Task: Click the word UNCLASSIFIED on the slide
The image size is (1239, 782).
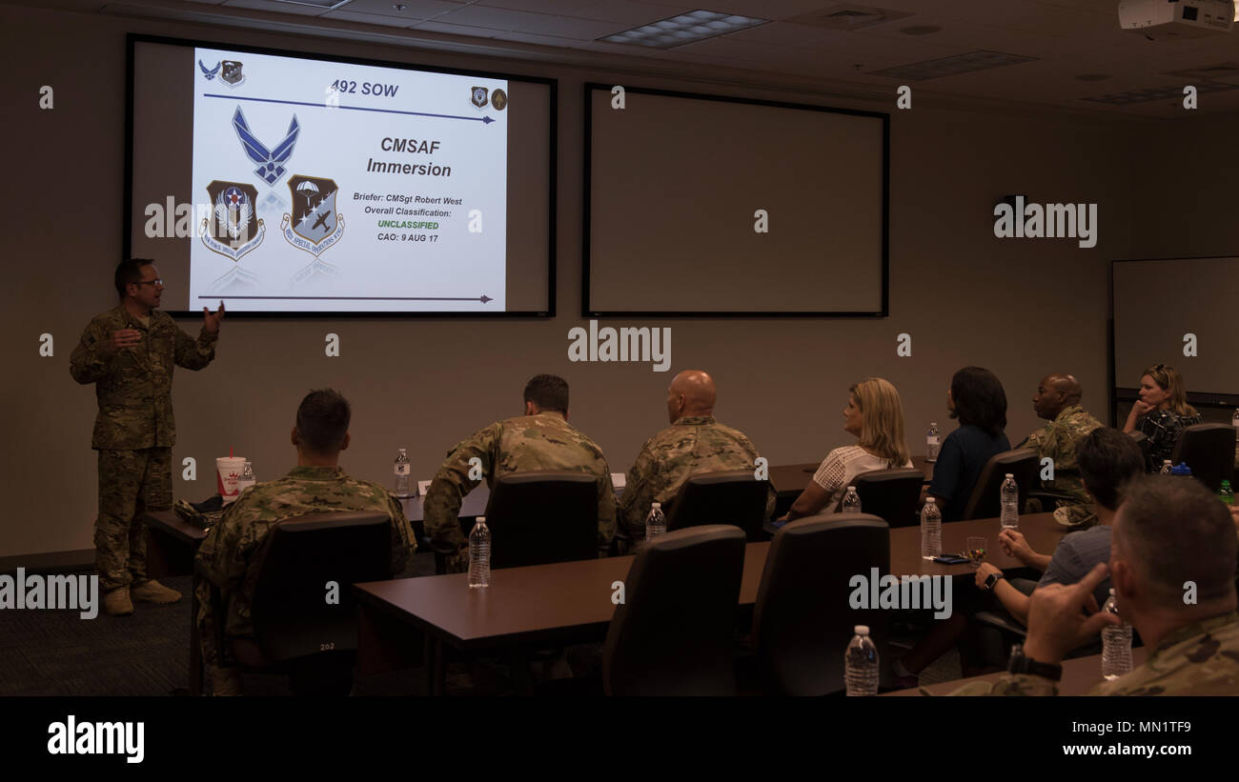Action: point(408,225)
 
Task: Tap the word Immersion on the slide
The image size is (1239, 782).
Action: point(408,170)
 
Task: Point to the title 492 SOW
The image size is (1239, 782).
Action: point(365,90)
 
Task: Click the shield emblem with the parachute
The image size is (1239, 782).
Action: point(313,214)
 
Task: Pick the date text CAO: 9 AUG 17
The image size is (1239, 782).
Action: point(408,237)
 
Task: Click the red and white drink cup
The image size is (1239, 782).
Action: point(230,476)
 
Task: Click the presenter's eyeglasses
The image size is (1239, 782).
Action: point(149,282)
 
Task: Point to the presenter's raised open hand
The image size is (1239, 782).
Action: point(213,317)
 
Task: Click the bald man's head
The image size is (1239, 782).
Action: point(692,392)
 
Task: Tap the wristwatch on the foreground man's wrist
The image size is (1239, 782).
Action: point(1033,663)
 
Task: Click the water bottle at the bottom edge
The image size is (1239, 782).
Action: point(861,661)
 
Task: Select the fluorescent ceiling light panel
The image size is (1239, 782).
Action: point(682,30)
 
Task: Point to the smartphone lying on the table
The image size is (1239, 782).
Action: point(950,558)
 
